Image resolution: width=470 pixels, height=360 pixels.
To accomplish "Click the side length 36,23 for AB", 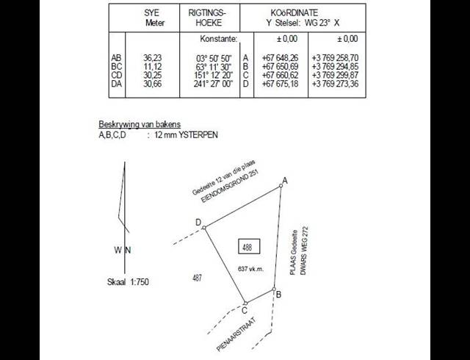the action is (152, 57).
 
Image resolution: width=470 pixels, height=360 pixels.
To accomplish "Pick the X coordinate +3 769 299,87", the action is (335, 75).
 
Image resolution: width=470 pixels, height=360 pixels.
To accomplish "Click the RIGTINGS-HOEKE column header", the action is (212, 18).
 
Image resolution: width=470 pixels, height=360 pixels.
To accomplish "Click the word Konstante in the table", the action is (218, 38).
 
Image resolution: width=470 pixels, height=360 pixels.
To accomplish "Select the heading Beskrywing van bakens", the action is (140, 124).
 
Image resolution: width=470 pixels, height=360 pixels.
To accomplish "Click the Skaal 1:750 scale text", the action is (129, 281).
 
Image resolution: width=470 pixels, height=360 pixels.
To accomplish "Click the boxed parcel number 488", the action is (247, 248).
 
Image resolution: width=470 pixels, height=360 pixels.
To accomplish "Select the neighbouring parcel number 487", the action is (197, 277).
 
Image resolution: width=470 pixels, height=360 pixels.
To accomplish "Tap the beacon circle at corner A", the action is (281, 187).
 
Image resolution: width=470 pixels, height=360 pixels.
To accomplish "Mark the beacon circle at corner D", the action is (204, 226).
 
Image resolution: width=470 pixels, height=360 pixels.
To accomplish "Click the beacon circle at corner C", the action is (245, 302).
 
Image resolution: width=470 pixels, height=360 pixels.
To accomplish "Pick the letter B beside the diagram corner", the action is (278, 294).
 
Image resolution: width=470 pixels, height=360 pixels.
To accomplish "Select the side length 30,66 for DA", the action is (152, 83).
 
